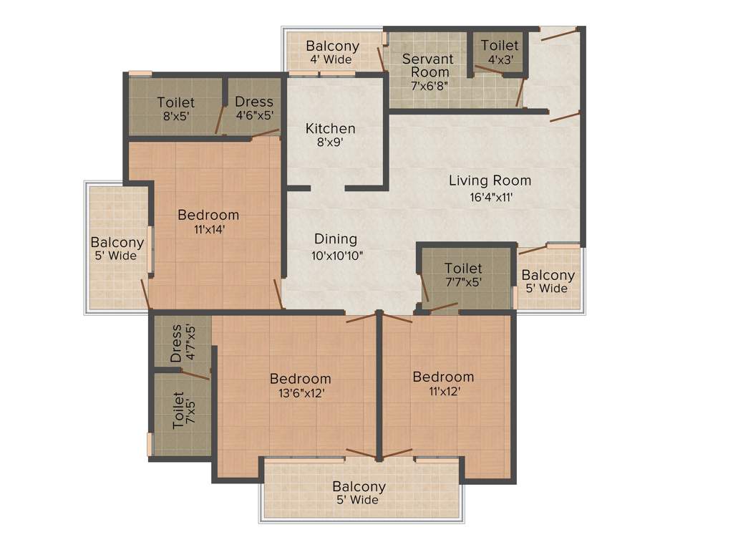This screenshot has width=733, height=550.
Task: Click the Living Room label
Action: tap(490, 180)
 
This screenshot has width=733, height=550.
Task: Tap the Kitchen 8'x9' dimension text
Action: tap(330, 143)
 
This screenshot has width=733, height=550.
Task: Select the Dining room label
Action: tap(336, 239)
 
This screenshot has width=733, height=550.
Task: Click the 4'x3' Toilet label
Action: tap(500, 52)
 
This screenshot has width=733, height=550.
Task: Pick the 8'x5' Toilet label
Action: tap(176, 109)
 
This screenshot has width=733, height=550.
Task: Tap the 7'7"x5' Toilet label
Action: tap(463, 275)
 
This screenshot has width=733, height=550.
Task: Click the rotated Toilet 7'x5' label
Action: tap(183, 410)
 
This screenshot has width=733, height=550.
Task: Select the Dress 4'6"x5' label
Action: tap(254, 108)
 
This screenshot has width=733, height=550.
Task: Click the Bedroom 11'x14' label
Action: tap(208, 222)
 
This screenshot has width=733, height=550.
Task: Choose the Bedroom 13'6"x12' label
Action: tap(300, 385)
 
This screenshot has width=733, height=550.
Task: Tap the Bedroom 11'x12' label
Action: tap(443, 384)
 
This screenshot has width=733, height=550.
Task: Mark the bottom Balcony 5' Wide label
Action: tap(359, 493)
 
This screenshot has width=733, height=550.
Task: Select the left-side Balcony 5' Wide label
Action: tap(117, 249)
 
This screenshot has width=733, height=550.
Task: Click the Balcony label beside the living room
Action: tap(548, 281)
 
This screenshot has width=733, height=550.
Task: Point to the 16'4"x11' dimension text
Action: tap(490, 196)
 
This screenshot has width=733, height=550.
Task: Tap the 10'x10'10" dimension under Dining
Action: tap(336, 254)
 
